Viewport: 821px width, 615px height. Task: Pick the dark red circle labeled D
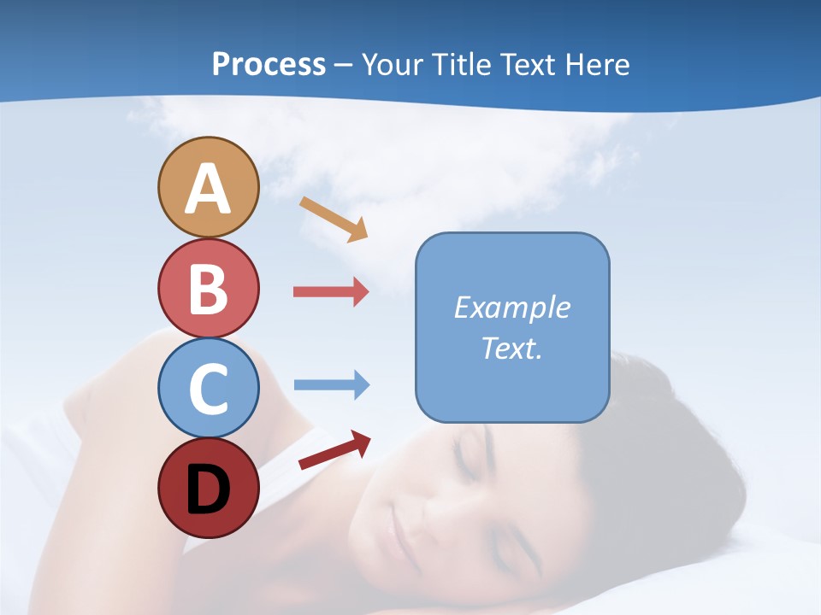208,489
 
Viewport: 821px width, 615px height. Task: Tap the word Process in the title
269,64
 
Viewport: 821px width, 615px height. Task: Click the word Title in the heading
460,64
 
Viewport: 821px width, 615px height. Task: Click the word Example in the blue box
511,307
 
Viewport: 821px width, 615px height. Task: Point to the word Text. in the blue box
511,348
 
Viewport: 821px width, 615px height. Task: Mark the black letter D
208,490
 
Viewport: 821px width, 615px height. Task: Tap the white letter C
208,389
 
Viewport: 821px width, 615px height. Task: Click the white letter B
208,290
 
